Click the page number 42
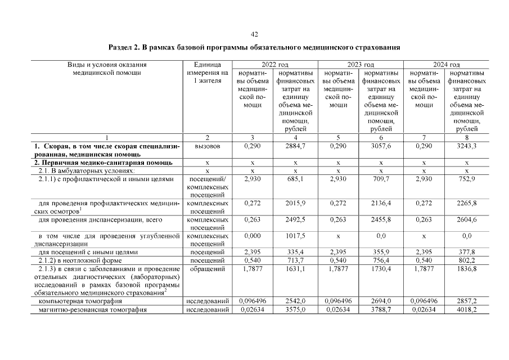click(254, 34)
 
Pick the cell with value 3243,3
click(467, 146)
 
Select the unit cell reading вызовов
click(207, 146)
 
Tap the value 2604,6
click(467, 220)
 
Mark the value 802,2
click(467, 260)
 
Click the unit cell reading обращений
click(207, 269)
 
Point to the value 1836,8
click(467, 269)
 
